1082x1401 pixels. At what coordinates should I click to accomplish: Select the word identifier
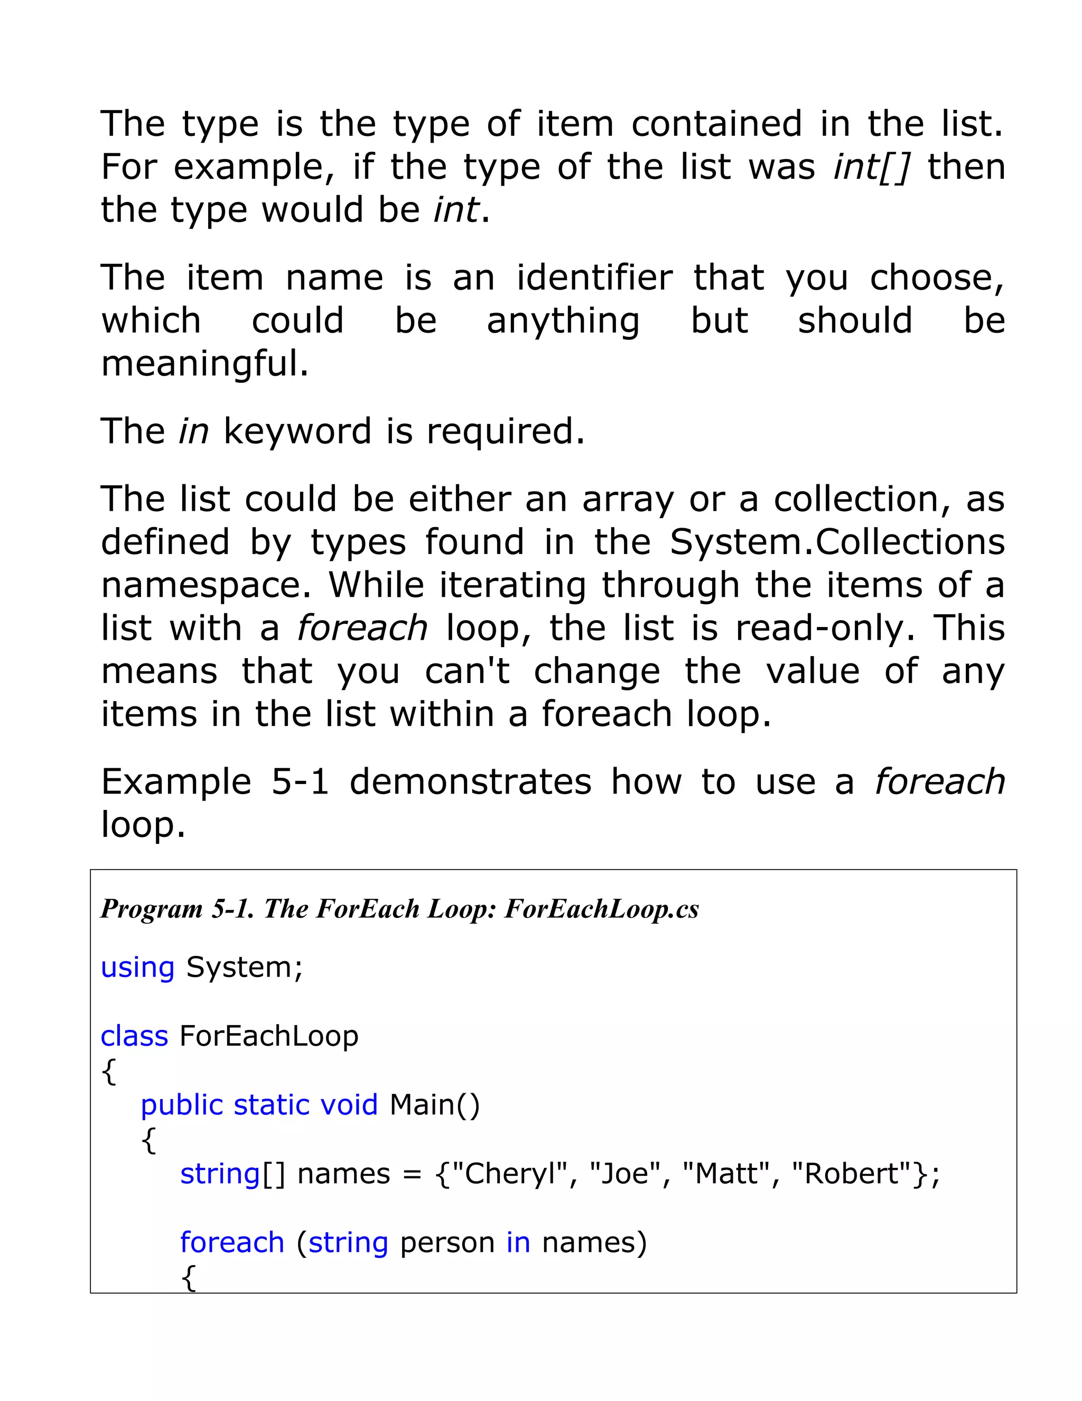[594, 279]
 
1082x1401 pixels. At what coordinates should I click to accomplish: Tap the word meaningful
[204, 364]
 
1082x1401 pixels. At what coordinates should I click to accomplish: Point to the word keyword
[297, 431]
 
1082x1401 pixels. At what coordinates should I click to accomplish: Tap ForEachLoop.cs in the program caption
[601, 909]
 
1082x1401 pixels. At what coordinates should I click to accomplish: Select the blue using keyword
[137, 967]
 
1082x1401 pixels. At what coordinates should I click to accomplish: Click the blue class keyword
[134, 1036]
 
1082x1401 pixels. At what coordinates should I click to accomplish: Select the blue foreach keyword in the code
[232, 1242]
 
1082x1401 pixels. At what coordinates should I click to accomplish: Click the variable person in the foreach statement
[447, 1242]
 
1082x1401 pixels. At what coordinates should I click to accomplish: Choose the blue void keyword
[349, 1104]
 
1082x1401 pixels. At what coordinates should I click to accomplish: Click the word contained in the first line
[716, 124]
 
